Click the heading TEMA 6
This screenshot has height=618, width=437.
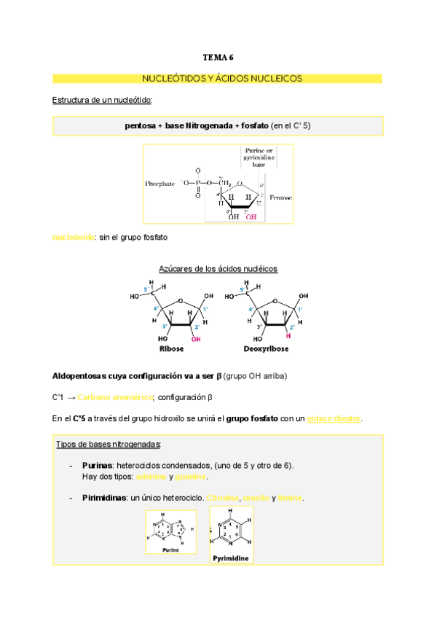218,56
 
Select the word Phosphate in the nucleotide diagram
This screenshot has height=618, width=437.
160,184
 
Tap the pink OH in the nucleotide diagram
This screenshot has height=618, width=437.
251,216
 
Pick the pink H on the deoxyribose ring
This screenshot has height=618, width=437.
288,337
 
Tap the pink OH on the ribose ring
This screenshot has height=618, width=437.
196,339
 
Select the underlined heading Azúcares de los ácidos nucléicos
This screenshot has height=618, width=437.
218,269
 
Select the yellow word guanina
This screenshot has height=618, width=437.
190,477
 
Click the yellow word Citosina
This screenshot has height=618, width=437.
223,498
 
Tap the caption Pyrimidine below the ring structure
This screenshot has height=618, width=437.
231,558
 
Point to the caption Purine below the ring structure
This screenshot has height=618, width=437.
170,550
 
